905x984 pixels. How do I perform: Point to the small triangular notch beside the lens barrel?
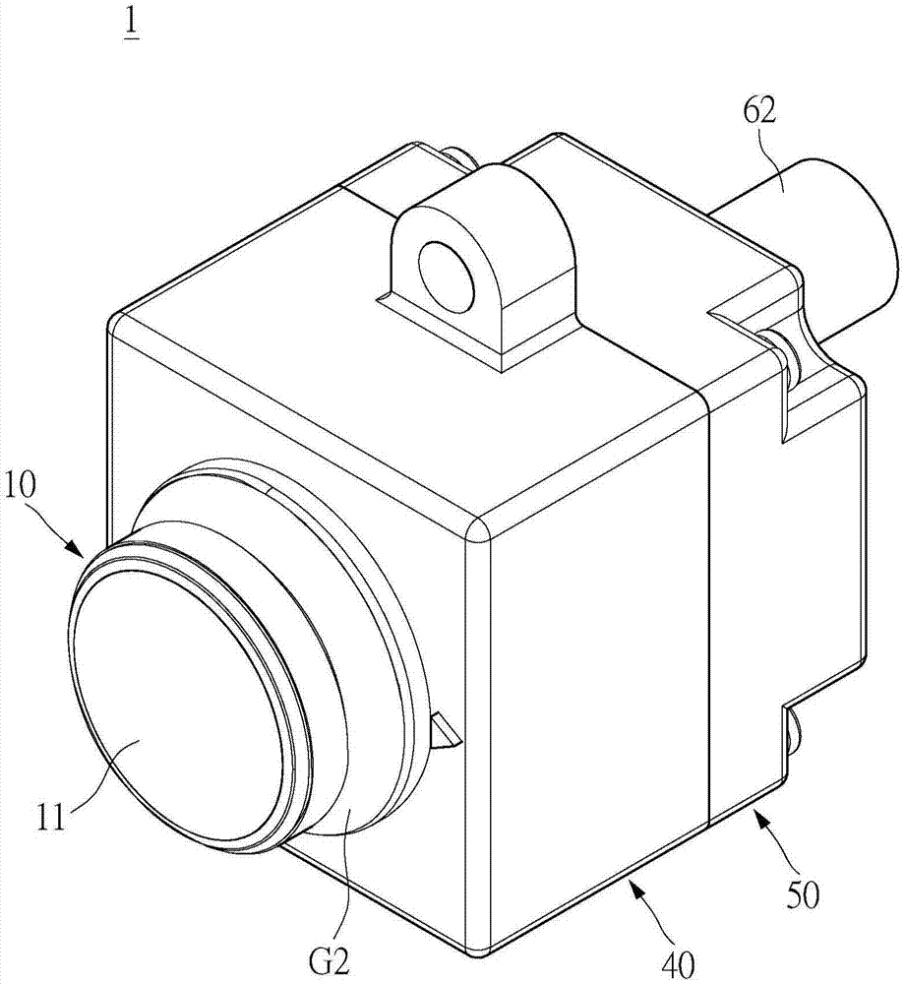444,732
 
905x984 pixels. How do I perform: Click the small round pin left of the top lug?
454,154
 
